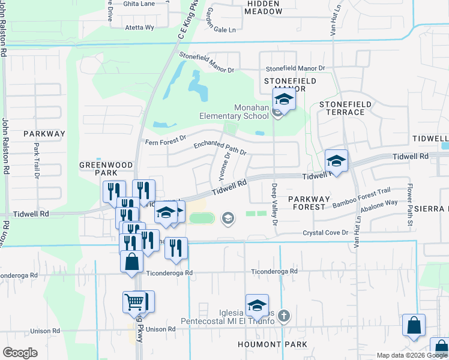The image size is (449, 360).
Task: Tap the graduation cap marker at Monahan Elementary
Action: click(x=285, y=99)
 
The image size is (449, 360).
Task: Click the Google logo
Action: click(x=20, y=353)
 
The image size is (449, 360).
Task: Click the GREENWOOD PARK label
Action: click(x=97, y=168)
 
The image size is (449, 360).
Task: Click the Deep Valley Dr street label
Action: click(x=274, y=204)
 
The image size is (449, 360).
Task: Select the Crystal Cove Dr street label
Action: click(x=325, y=233)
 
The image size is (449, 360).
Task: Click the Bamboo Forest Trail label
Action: click(x=361, y=196)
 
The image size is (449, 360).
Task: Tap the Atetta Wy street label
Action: click(x=139, y=28)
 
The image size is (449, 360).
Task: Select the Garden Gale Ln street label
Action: click(x=220, y=21)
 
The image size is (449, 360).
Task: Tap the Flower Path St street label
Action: click(x=410, y=205)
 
